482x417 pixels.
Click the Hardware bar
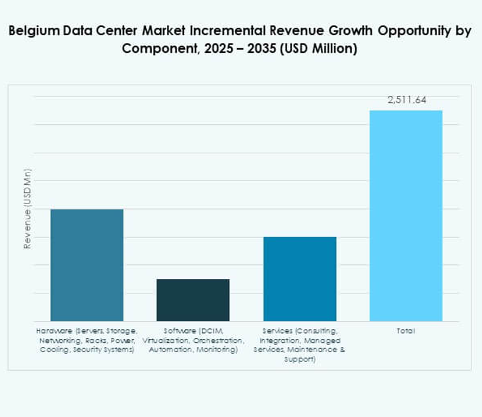[86, 265]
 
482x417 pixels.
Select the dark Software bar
[193, 300]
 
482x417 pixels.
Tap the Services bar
[300, 279]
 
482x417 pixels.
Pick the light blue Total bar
[405, 215]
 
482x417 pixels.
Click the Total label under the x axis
[405, 330]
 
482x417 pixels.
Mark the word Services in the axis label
[277, 330]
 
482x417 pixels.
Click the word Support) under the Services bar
[300, 360]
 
